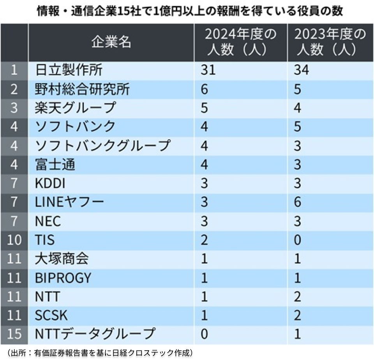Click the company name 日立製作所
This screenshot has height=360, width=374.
[x=69, y=70]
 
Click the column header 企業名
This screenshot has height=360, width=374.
[x=111, y=43]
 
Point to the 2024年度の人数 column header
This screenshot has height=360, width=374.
[x=241, y=43]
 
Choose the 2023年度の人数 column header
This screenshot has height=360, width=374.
[x=330, y=43]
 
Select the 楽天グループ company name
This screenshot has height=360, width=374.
[x=76, y=108]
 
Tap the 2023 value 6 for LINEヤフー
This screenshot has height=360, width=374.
[x=297, y=203]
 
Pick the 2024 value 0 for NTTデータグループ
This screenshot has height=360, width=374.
[x=205, y=334]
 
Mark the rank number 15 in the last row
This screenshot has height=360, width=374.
[x=14, y=334]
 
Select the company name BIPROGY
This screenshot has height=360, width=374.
[x=63, y=278]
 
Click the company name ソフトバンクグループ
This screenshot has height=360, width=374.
[x=103, y=146]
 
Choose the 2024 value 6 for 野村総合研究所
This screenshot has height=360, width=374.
[x=205, y=89]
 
